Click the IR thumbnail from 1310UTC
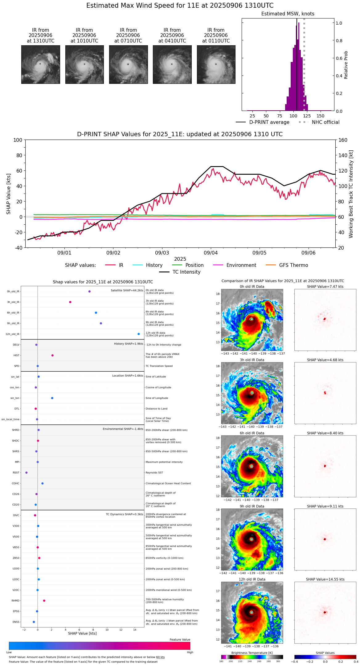tap(41, 64)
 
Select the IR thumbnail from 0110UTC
tap(216, 64)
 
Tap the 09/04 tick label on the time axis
tap(211, 253)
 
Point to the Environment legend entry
tap(241, 265)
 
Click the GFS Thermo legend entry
tap(293, 265)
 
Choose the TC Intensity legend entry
tap(186, 272)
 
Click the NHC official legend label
tap(325, 122)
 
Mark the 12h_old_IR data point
tap(139, 334)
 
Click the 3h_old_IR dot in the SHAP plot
tap(70, 302)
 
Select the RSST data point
tap(27, 473)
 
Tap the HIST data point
tap(52, 355)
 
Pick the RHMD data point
tap(44, 601)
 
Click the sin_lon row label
tap(15, 398)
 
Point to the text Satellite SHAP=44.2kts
tap(127, 291)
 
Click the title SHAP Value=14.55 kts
tap(325, 579)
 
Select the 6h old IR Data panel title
tap(252, 433)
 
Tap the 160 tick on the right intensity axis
tap(343, 140)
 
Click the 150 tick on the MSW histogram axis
tap(321, 116)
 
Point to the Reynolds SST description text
tap(154, 473)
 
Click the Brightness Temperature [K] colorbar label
tap(252, 653)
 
